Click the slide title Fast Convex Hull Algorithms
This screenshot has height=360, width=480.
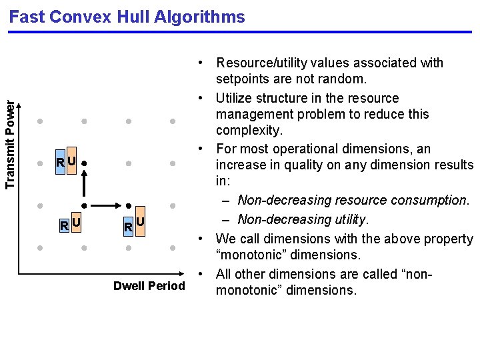point(127,17)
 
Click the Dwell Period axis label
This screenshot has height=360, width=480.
point(149,286)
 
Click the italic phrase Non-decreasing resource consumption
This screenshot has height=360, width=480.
point(353,200)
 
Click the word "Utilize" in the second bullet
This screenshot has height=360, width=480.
point(237,98)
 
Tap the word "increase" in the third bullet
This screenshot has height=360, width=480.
point(240,165)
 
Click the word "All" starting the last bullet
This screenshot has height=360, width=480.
point(224,274)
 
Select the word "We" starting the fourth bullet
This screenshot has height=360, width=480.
point(225,239)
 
